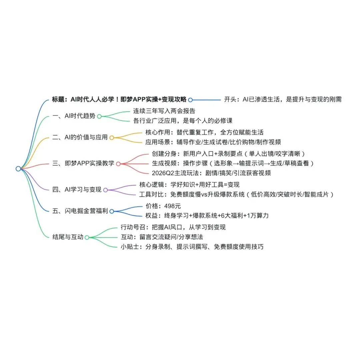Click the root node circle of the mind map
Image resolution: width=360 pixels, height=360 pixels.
18,169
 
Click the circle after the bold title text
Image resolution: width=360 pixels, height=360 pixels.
190,99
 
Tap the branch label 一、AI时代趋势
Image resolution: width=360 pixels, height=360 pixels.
74,116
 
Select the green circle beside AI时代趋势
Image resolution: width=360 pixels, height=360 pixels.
99,116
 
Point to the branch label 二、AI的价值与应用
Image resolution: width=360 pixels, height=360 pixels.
80,137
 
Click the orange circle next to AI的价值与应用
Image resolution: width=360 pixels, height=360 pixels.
112,138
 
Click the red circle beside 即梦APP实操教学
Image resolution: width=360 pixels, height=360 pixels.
118,164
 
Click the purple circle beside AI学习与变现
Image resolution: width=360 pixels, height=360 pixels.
105,190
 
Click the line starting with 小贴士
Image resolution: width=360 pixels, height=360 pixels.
192,247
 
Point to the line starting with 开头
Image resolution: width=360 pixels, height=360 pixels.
283,99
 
